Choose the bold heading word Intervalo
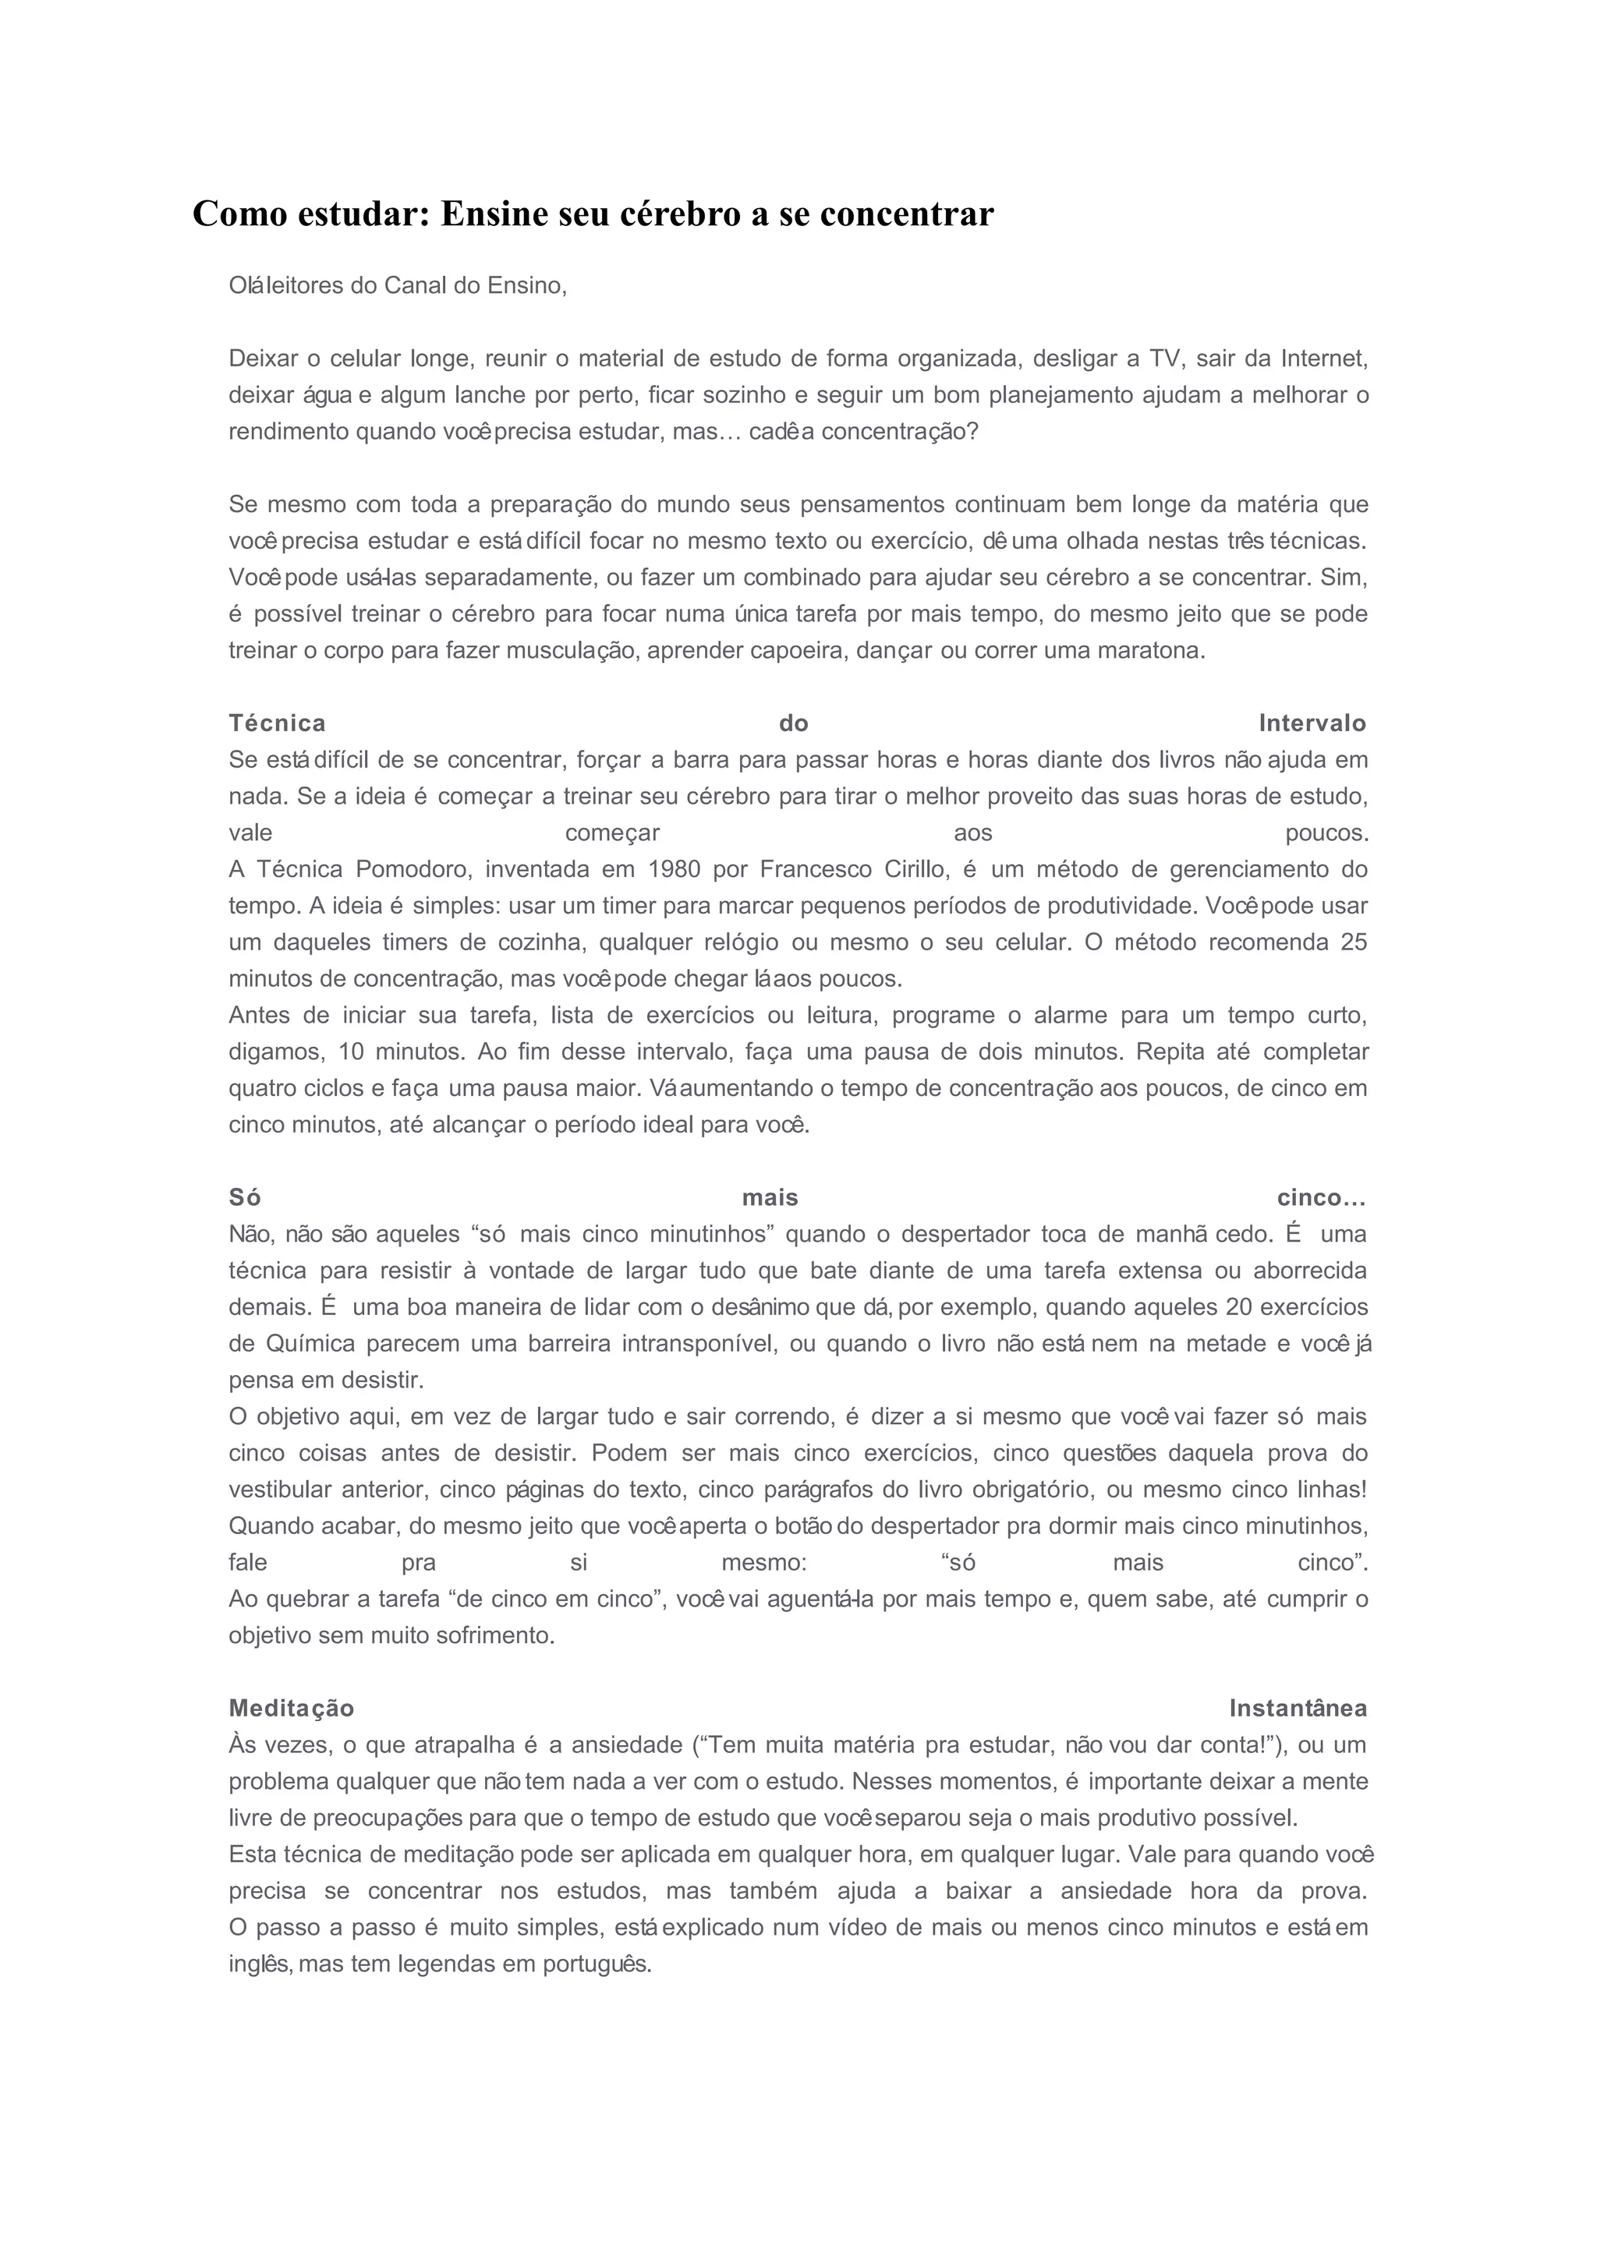[1312, 723]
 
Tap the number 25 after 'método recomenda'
[1354, 942]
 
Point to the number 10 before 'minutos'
[351, 1052]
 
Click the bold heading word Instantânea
[1298, 1708]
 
